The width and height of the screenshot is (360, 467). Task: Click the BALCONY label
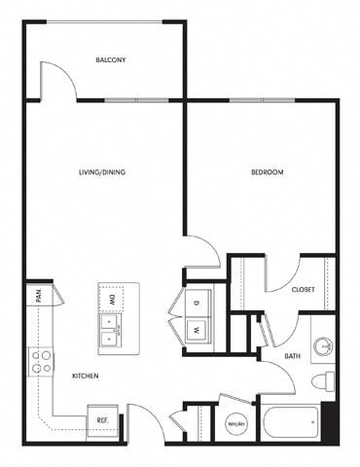pos(111,60)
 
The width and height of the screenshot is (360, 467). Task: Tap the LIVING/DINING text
pos(102,172)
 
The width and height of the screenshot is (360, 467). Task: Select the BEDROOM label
pos(268,172)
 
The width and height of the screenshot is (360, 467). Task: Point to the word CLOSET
pos(303,289)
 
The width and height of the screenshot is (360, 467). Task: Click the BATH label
pos(292,356)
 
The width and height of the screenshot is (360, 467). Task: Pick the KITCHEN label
pos(85,377)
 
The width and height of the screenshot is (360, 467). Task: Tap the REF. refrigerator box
pos(102,420)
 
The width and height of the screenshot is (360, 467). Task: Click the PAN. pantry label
pos(39,296)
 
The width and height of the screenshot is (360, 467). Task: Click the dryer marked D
pos(198,303)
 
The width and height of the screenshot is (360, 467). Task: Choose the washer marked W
pos(198,330)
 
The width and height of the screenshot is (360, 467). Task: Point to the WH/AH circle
pos(235,424)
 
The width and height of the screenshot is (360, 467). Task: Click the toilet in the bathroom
pos(323,381)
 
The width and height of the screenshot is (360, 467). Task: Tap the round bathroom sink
pos(323,346)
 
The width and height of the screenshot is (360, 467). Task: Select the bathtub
pos(291,422)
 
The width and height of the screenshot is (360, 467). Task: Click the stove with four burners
pos(41,362)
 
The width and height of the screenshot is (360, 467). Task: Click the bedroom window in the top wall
pos(263,100)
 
